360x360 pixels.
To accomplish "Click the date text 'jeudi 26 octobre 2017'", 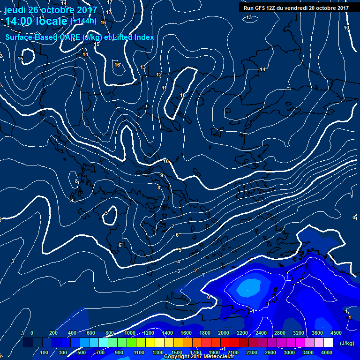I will (x=51, y=10).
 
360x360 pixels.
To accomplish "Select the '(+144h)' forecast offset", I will (x=83, y=21).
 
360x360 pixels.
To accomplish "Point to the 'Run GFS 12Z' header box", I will (x=296, y=7).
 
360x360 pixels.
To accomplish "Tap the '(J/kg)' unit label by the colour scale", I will (x=347, y=343).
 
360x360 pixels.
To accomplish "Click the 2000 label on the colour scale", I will (x=224, y=333).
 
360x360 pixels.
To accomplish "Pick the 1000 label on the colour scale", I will (x=130, y=333).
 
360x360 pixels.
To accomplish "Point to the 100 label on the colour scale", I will (x=45, y=352).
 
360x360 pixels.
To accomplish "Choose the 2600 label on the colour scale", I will (x=270, y=352).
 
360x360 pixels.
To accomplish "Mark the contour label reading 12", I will (x=159, y=75).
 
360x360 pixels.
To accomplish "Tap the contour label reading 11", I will (x=164, y=88).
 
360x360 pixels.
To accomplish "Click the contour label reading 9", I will (x=162, y=175).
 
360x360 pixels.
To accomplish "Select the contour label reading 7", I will (x=173, y=226).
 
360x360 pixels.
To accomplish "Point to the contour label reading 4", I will (x=179, y=262).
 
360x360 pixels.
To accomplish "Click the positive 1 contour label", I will (x=203, y=275).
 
